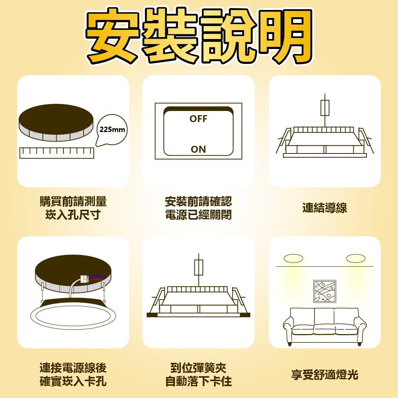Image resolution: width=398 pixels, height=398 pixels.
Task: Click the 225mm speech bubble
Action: pyautogui.click(x=112, y=130)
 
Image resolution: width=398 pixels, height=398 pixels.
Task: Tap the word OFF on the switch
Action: pyautogui.click(x=198, y=119)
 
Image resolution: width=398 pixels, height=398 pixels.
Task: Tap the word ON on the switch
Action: pyautogui.click(x=198, y=149)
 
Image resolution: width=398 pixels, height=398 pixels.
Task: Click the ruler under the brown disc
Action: pyautogui.click(x=57, y=153)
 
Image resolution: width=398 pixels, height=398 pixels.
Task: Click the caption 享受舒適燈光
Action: pyautogui.click(x=325, y=375)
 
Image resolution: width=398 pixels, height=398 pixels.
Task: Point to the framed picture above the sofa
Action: pyautogui.click(x=325, y=291)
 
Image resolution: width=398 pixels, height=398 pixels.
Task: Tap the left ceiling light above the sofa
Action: pyautogui.click(x=294, y=259)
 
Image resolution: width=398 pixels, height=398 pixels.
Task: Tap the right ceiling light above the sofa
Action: pyautogui.click(x=356, y=259)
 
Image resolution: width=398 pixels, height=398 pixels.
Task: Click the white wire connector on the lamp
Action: pyautogui.click(x=85, y=279)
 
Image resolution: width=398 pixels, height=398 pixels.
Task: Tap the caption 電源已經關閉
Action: pyautogui.click(x=198, y=215)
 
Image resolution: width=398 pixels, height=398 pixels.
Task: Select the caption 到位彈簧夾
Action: pyautogui.click(x=198, y=368)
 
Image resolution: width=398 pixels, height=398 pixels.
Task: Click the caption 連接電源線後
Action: pyautogui.click(x=73, y=368)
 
